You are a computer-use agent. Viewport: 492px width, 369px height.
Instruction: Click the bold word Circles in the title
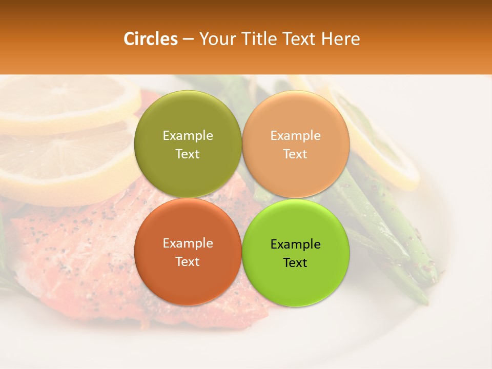[151, 39]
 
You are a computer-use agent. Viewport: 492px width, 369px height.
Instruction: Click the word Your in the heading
[215, 39]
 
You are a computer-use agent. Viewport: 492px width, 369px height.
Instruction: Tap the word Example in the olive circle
[188, 135]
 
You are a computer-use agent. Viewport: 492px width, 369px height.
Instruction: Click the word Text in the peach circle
[295, 154]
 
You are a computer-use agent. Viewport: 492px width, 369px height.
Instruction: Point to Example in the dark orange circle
[188, 243]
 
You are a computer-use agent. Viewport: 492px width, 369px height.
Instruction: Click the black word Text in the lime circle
[295, 262]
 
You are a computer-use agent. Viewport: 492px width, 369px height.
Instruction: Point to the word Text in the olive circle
[188, 154]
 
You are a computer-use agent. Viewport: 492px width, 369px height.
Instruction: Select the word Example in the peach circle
[295, 135]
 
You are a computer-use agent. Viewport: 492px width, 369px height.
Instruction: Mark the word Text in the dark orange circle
[188, 261]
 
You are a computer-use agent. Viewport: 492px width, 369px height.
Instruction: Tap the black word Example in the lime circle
[295, 244]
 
